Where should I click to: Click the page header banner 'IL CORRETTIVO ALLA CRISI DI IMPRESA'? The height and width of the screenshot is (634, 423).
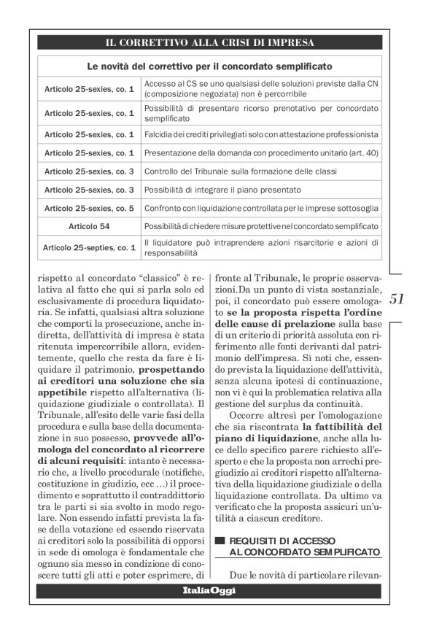(x=210, y=41)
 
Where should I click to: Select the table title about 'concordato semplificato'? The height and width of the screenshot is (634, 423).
(x=210, y=66)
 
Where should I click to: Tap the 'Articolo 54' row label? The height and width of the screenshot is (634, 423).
(x=89, y=227)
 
